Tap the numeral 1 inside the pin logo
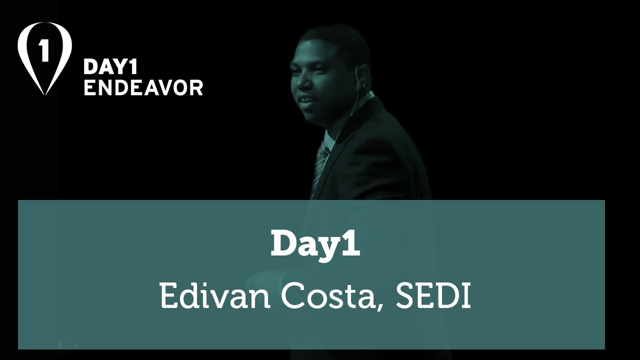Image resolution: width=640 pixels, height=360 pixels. tap(44, 50)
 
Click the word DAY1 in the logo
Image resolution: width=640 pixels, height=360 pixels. tap(110, 67)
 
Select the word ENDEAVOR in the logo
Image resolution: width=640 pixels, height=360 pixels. tap(143, 87)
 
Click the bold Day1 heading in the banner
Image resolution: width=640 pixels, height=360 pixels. tap(315, 243)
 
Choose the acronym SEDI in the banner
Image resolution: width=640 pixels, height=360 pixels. tap(433, 295)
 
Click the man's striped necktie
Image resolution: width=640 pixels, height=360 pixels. tap(319, 167)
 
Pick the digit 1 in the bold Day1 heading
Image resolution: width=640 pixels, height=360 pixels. tap(351, 243)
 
